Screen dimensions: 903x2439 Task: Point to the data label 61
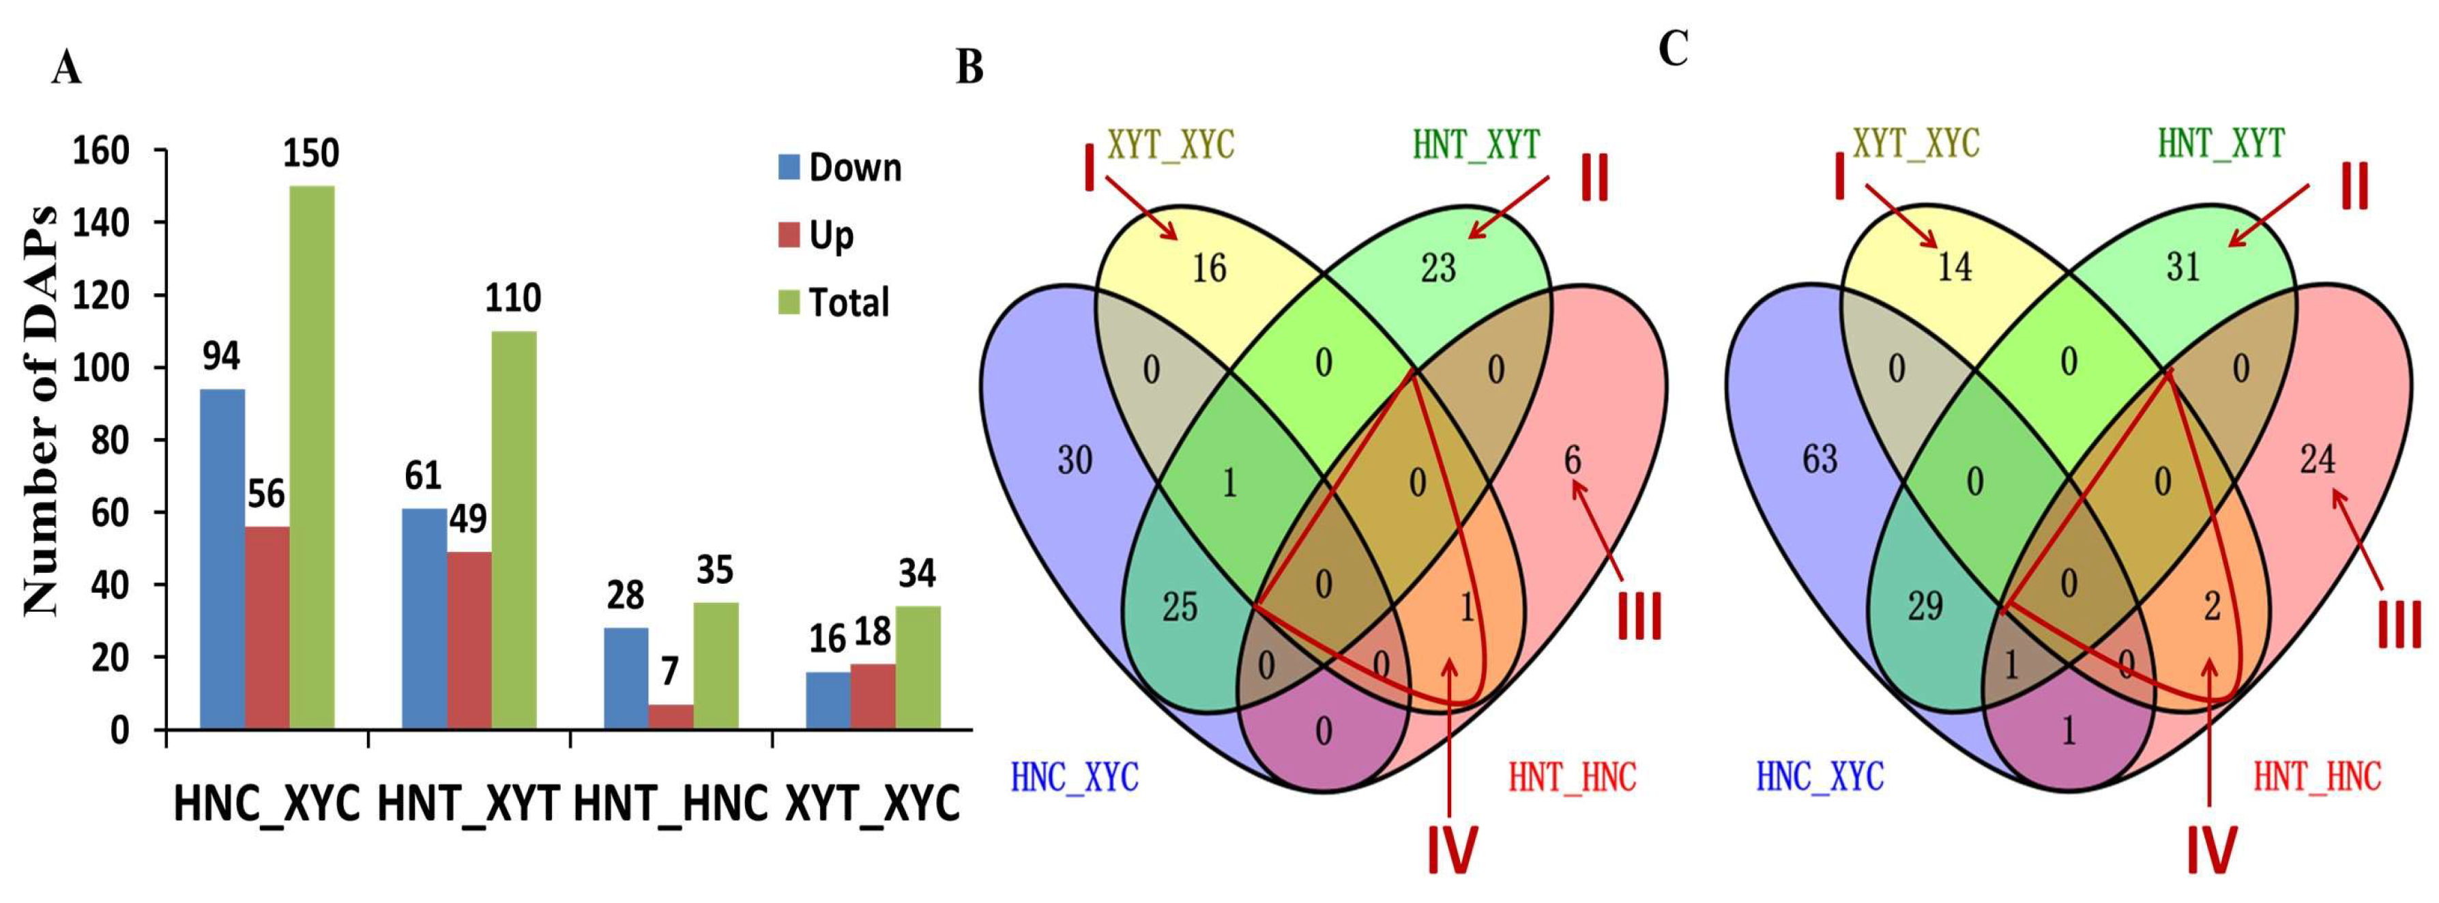(422, 476)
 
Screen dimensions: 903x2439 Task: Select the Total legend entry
(833, 303)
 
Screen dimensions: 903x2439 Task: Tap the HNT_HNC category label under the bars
(671, 805)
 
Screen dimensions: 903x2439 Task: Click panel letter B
(969, 68)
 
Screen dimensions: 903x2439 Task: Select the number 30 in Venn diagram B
(1075, 461)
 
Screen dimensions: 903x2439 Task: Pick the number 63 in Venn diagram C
(1819, 459)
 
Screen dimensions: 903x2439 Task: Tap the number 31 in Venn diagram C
(2183, 268)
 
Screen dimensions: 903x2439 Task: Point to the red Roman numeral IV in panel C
(2212, 849)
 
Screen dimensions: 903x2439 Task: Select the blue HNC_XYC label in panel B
(1075, 777)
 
